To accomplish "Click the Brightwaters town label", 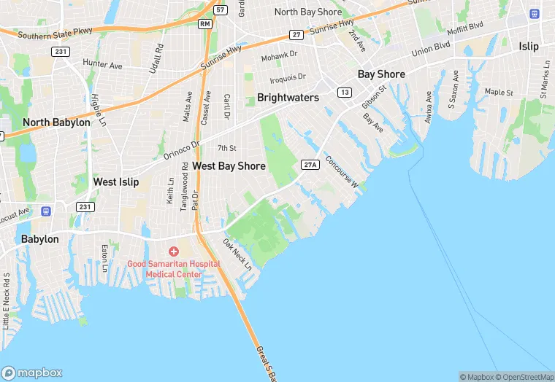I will coord(288,98).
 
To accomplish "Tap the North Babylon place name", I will coord(56,122).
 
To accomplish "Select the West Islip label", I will coord(115,182).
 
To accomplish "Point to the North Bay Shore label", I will coord(307,12).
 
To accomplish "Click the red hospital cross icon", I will coord(174,252).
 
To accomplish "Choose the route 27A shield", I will coord(310,165).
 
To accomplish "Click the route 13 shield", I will coord(344,92).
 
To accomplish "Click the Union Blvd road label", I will coord(432,52).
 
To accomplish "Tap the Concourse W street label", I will coord(342,172).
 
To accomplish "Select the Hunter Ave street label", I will coord(102,65).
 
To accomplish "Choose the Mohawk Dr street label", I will coord(280,54).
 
